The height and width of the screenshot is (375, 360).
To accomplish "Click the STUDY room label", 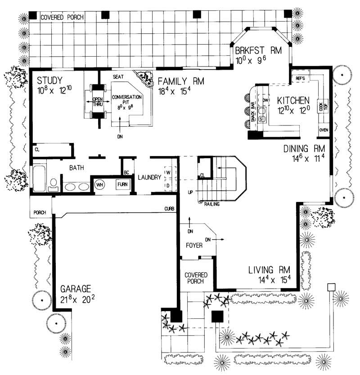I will click(49, 80).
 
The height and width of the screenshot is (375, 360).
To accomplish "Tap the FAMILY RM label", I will click(180, 81).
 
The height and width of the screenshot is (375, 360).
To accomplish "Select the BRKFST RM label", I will click(258, 50).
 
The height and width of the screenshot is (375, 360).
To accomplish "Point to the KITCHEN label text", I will click(292, 100).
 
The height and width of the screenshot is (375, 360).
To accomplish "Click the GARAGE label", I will click(76, 289).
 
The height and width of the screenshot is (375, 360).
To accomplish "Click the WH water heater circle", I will click(99, 184).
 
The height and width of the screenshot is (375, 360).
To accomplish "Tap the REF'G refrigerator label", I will click(300, 79).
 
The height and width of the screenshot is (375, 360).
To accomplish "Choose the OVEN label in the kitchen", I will click(324, 130).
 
